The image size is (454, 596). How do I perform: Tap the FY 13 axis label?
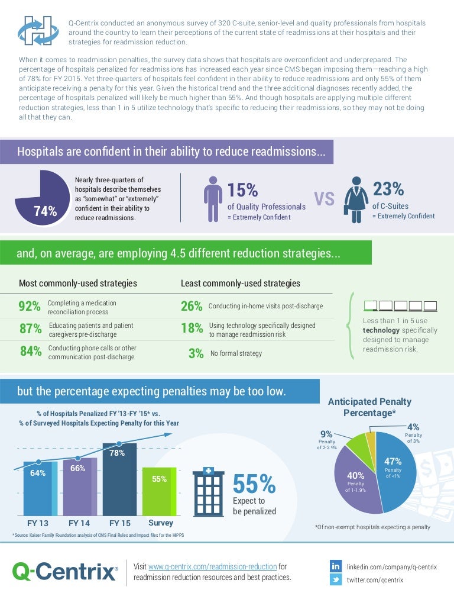(38, 523)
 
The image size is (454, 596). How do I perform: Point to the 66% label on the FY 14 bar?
(78, 468)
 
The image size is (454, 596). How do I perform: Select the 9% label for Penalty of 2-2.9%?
(326, 433)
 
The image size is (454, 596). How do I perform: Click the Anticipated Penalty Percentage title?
(369, 407)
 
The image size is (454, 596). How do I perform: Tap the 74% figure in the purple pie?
(46, 211)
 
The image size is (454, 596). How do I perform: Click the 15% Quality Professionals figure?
(243, 190)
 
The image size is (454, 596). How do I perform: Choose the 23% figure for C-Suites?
(388, 189)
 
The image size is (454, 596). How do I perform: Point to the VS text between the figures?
(325, 199)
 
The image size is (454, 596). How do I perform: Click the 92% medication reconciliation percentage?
(30, 307)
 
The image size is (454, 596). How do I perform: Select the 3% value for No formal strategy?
(196, 354)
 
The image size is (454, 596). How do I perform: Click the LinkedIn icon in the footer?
(336, 566)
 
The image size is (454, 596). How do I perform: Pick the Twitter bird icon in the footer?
(336, 580)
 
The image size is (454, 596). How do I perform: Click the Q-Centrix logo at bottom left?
(64, 572)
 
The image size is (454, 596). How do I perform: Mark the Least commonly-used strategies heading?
(240, 283)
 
